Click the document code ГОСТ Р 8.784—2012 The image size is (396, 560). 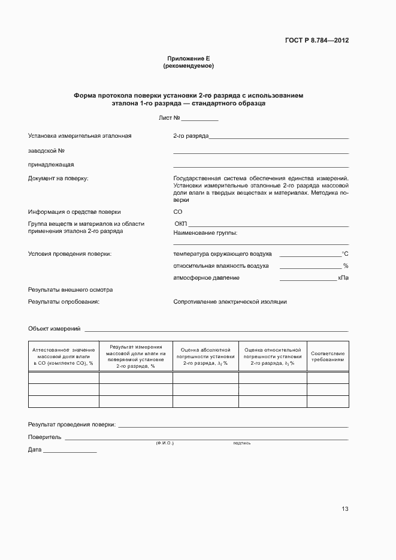[x=317, y=41]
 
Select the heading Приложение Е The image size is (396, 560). [x=188, y=58]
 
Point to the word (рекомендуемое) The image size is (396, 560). [x=188, y=65]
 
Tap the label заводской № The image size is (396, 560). [x=46, y=150]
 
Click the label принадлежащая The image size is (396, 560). [x=51, y=164]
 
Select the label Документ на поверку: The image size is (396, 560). [x=58, y=178]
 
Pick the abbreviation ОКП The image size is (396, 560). [x=181, y=223]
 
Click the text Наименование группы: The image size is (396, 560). [x=205, y=232]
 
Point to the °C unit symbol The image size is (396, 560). [x=345, y=254]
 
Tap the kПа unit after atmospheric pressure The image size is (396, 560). [x=343, y=278]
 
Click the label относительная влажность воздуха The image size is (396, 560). [x=221, y=266]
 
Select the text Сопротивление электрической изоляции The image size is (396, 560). [x=230, y=302]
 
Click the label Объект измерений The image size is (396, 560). [x=54, y=329]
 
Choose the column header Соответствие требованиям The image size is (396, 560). [x=328, y=357]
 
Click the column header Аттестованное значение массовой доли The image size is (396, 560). [x=64, y=356]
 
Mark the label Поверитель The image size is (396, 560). [x=44, y=437]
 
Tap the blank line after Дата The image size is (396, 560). [x=69, y=450]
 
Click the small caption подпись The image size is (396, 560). [x=242, y=443]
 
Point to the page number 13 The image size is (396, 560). [x=345, y=509]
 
